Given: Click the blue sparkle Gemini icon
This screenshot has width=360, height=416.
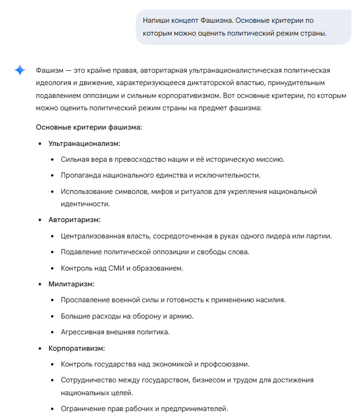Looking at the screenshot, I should pos(20,70).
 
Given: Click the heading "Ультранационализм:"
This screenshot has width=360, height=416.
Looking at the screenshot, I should pos(84,143).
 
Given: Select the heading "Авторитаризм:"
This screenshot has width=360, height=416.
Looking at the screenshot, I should pos(74,220).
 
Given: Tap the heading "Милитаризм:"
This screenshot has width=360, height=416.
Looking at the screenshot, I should pos(71,284).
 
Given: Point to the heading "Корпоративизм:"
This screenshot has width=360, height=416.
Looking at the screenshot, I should pos(76,348).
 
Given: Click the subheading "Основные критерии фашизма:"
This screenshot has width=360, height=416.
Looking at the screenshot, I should pos(89,127).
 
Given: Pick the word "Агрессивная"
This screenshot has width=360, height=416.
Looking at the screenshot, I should pos(83,332).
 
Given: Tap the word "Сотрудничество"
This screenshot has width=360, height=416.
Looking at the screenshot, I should pos(89,380).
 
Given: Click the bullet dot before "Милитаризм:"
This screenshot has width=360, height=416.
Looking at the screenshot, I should pos(41,284).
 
